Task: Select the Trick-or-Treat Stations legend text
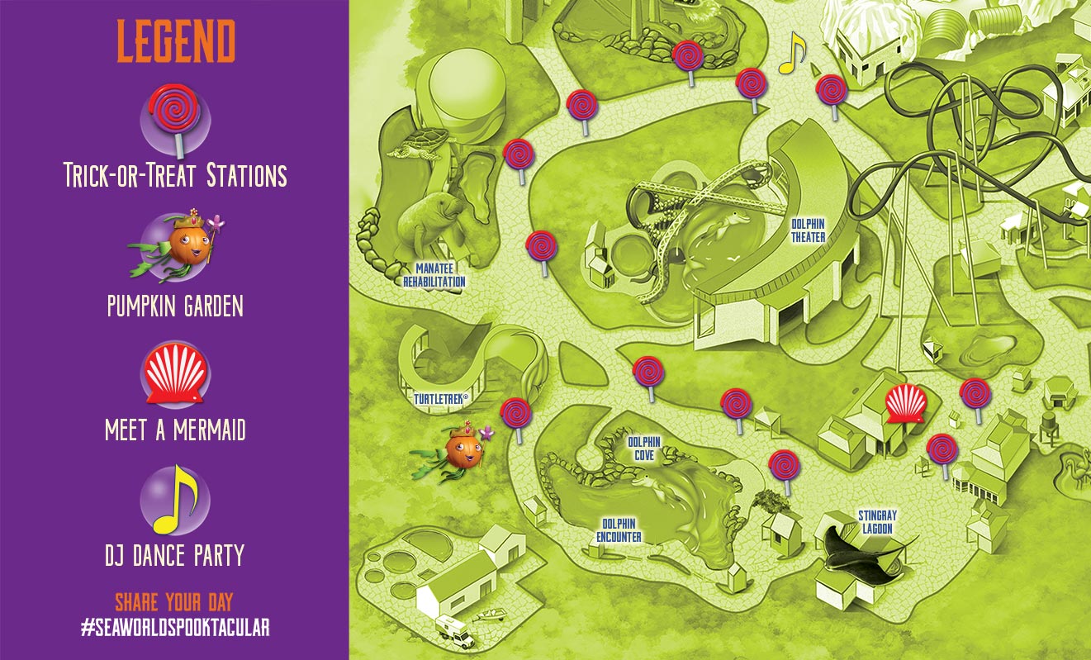(x=175, y=175)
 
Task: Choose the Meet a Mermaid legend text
(x=175, y=430)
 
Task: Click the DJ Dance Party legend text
(x=175, y=554)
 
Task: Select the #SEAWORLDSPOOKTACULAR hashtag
(x=175, y=628)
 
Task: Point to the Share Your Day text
(x=175, y=601)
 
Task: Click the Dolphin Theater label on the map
(x=808, y=230)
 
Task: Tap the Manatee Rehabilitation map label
(x=434, y=275)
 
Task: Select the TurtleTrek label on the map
(x=441, y=399)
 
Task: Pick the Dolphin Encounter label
(x=619, y=530)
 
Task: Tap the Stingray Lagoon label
(x=877, y=520)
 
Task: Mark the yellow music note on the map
(x=792, y=53)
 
